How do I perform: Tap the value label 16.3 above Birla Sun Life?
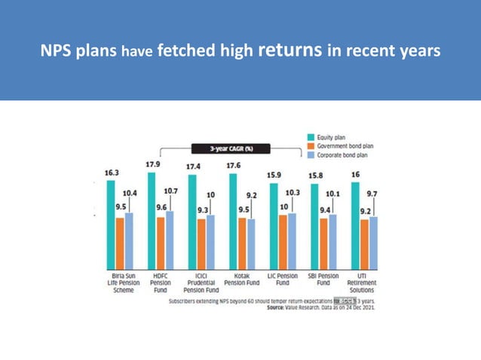112,172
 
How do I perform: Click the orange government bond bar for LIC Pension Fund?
283,241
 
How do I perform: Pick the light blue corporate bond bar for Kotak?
251,243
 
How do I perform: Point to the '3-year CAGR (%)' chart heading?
226,148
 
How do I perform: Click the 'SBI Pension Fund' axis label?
323,279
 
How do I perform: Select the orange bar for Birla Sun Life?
120,242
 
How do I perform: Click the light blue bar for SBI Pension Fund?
332,240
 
